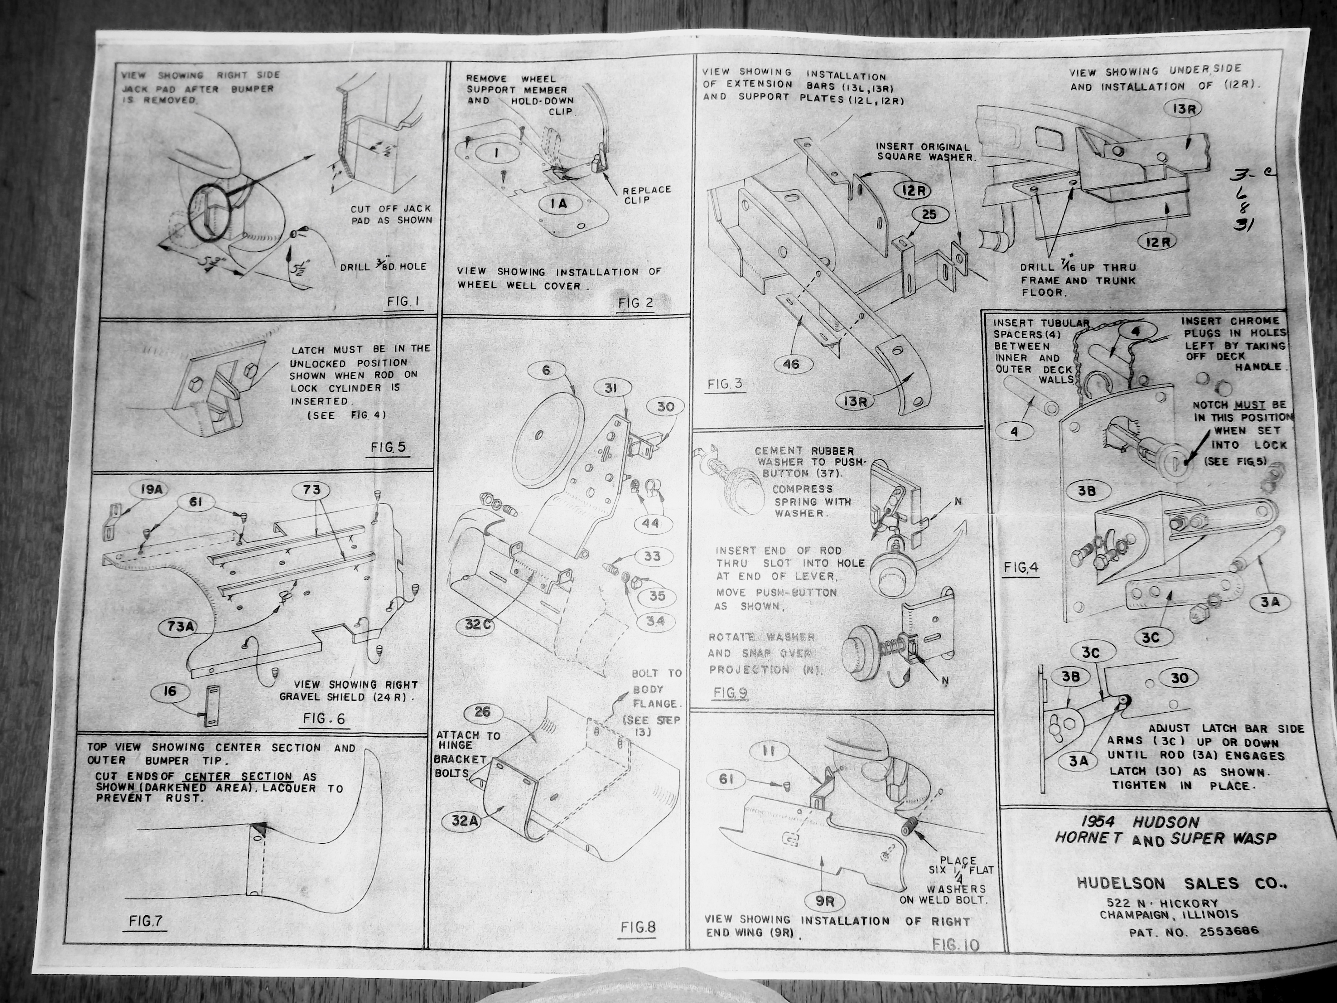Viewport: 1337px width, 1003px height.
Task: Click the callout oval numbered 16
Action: (170, 691)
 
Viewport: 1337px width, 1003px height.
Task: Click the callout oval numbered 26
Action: (482, 712)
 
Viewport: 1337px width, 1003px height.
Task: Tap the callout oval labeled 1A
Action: (558, 204)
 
